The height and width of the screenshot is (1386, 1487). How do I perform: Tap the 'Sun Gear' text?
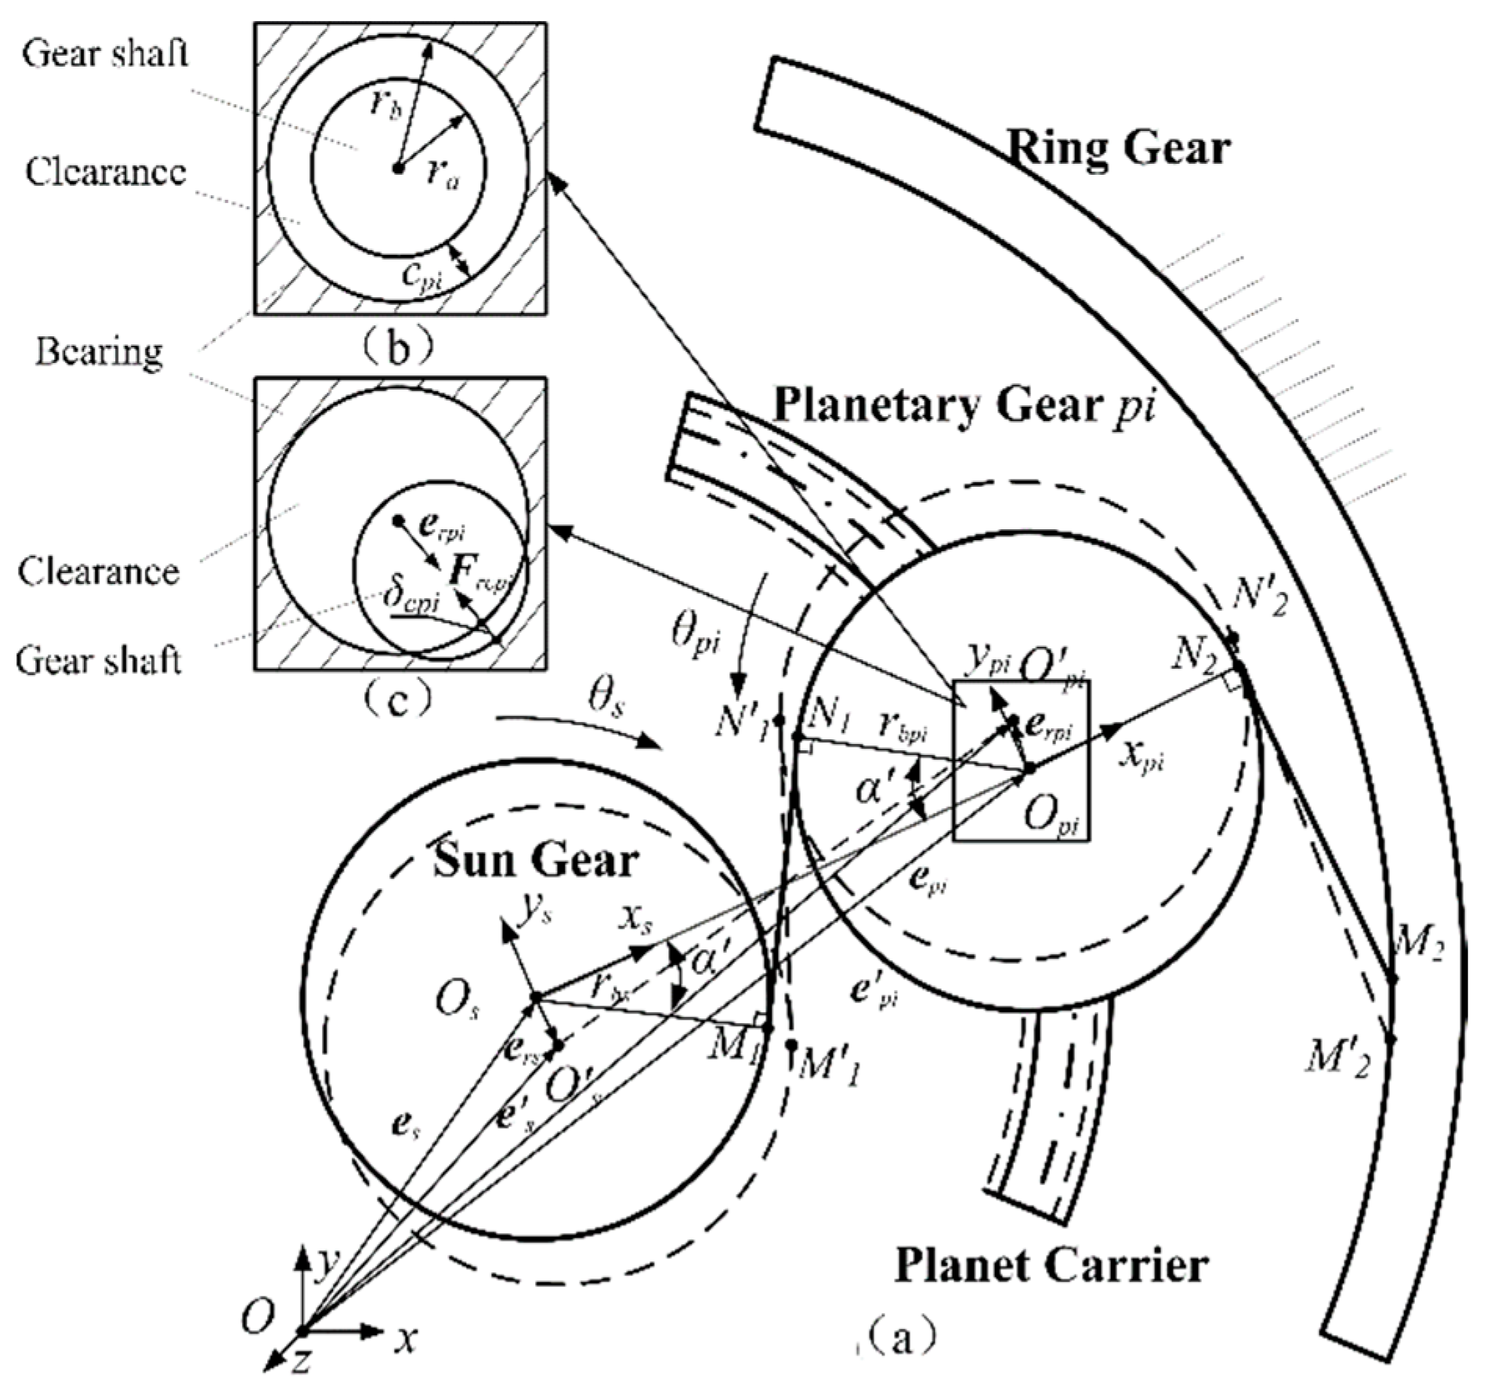(536, 861)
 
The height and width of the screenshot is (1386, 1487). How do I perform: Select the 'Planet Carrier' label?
(1051, 1264)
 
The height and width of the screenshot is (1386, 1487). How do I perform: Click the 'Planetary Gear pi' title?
(964, 406)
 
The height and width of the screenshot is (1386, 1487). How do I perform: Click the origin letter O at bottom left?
(256, 1319)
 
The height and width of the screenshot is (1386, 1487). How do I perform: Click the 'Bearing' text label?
(99, 351)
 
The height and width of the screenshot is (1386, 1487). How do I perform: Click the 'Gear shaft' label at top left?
(105, 55)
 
